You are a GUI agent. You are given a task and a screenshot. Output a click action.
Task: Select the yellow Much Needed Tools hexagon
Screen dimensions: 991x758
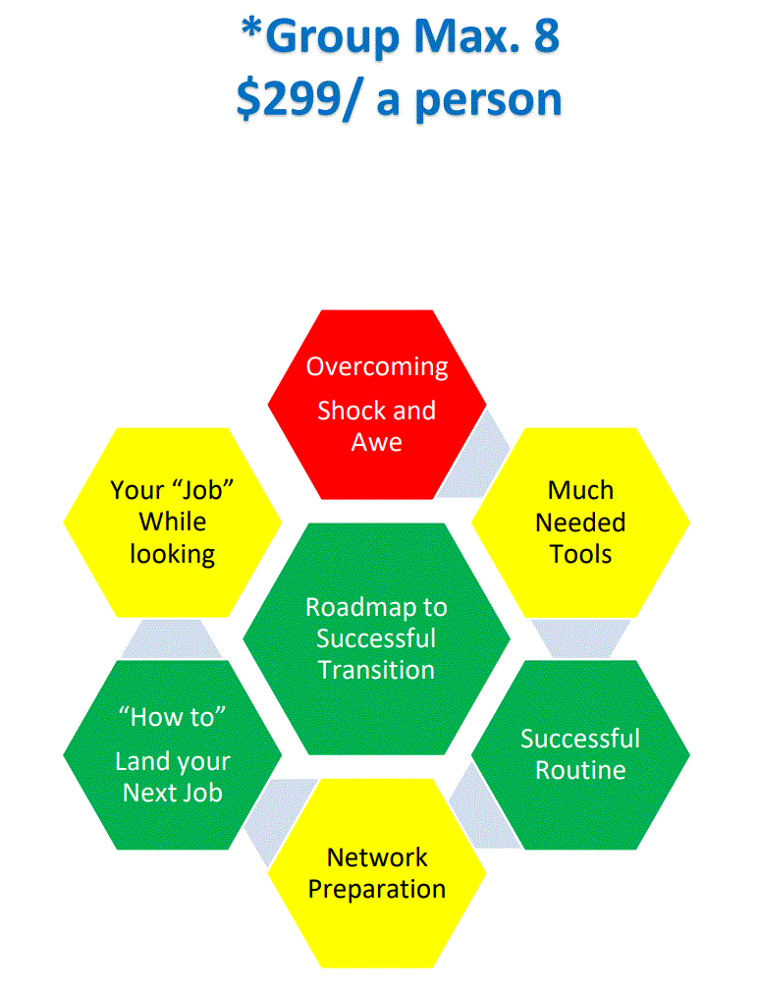point(580,522)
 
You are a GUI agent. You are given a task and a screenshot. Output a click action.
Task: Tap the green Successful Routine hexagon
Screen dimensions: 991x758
point(580,754)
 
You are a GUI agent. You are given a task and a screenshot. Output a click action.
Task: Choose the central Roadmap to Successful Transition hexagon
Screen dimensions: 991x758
point(376,638)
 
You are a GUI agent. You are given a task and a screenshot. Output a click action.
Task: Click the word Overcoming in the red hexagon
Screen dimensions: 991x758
point(377,366)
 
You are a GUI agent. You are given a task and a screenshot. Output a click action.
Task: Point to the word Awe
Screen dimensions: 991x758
point(377,442)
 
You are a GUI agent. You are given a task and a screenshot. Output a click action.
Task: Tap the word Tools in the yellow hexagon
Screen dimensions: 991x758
point(580,554)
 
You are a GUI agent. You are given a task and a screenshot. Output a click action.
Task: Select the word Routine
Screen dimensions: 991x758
point(580,770)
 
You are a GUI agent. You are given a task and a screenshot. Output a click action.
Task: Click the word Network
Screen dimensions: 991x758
point(377,856)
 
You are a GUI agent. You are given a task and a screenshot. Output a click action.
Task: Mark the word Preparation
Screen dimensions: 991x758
point(377,889)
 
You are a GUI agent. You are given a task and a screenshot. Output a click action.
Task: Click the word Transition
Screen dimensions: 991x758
point(376,670)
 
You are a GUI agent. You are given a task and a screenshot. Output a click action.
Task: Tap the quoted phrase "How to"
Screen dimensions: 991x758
point(173,717)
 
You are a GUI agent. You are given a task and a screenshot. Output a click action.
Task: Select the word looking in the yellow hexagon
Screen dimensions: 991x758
point(173,554)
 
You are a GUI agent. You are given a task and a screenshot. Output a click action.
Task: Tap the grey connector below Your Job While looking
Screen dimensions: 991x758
point(173,639)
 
